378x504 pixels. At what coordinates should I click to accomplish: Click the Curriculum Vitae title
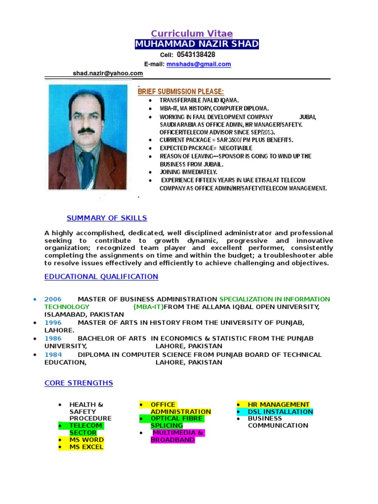(191, 33)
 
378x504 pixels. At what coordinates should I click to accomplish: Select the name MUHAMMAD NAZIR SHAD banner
(196, 44)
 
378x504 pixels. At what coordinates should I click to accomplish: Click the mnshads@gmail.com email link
(199, 64)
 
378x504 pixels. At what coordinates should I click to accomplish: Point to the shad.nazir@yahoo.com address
(108, 73)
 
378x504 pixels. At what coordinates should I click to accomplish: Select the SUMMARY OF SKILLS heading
(107, 218)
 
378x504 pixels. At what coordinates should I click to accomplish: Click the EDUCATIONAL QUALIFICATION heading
(101, 277)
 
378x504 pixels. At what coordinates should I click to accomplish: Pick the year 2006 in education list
(53, 299)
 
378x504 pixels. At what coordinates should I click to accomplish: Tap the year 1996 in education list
(53, 322)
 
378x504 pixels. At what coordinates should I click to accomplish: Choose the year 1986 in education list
(53, 339)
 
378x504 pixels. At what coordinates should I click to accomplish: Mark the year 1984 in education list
(53, 354)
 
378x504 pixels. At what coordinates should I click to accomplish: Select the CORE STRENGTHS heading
(79, 383)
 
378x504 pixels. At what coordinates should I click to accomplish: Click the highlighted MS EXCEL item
(86, 447)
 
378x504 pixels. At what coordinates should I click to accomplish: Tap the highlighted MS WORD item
(86, 440)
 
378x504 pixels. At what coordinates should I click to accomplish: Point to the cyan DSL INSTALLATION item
(280, 411)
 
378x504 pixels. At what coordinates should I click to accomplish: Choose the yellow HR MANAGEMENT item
(279, 405)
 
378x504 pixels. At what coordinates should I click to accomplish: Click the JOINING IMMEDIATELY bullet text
(188, 172)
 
